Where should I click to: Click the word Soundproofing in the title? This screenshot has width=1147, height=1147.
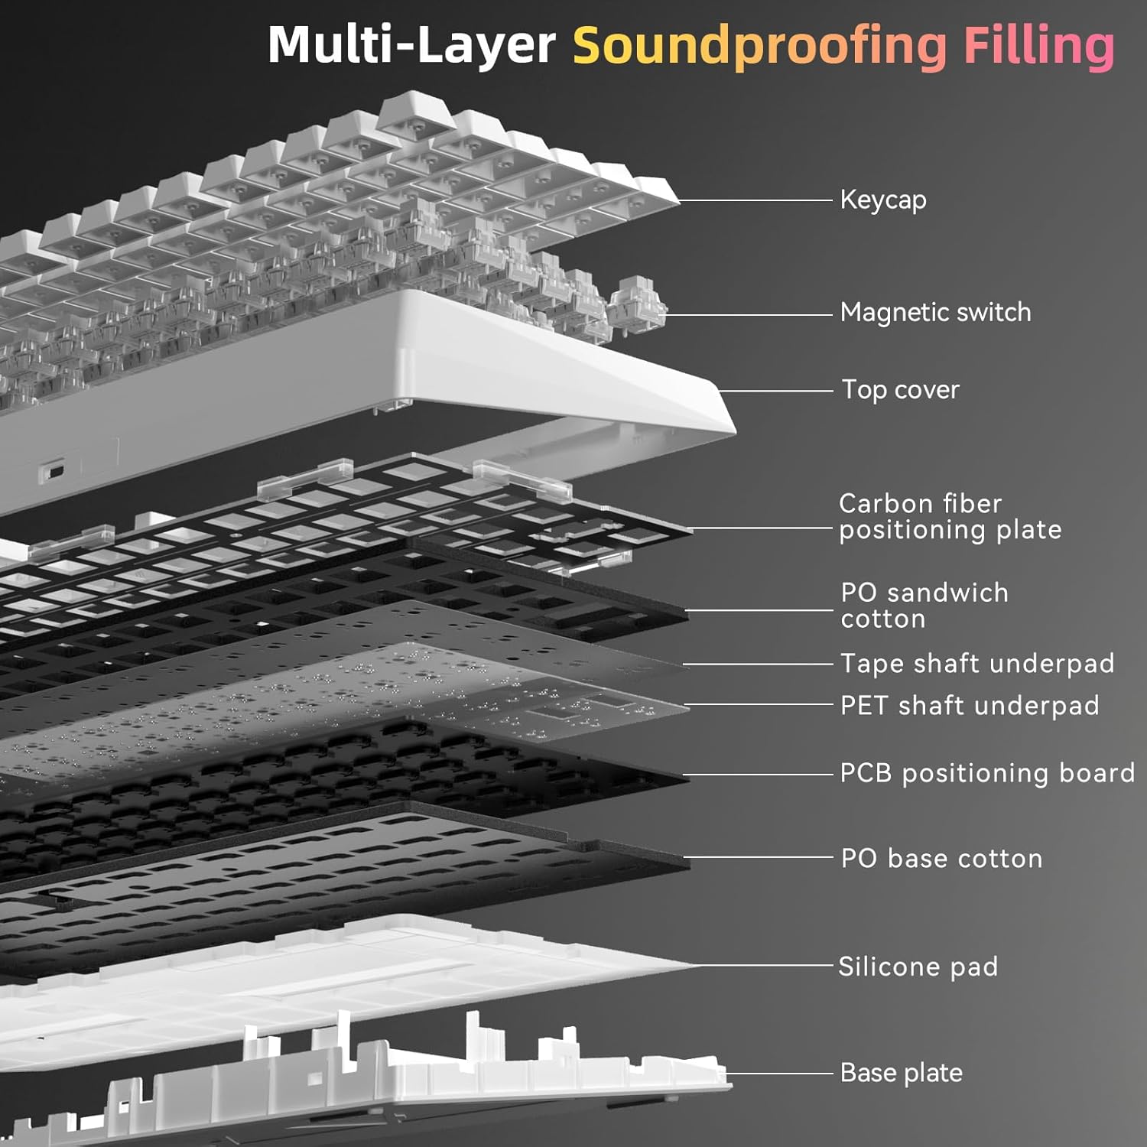pos(759,46)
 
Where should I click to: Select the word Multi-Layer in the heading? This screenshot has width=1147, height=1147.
pos(411,46)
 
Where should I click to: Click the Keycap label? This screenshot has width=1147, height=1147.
pos(883,200)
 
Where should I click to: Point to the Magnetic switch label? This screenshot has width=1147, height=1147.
pos(935,313)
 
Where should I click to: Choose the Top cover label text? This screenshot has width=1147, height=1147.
pos(900,390)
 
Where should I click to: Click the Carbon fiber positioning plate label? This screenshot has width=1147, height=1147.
pos(950,517)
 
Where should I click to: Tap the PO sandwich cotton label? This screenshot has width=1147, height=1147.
pos(924,606)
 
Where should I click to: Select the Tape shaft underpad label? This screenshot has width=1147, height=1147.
pos(977,664)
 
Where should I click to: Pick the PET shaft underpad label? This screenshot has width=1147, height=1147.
pos(970,706)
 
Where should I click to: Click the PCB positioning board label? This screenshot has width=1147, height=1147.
pos(987,773)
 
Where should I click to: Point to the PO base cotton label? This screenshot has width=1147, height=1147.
pos(941,859)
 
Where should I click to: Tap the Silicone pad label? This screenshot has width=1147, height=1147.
pos(918,967)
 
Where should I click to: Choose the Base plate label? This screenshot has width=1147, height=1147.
pos(901,1073)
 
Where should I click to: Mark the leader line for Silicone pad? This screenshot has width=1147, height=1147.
pos(765,967)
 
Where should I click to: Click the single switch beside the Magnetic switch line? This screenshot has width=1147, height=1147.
pos(636,306)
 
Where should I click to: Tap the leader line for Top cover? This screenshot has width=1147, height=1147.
pos(776,391)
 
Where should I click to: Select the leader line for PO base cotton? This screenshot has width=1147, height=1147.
pos(761,858)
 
